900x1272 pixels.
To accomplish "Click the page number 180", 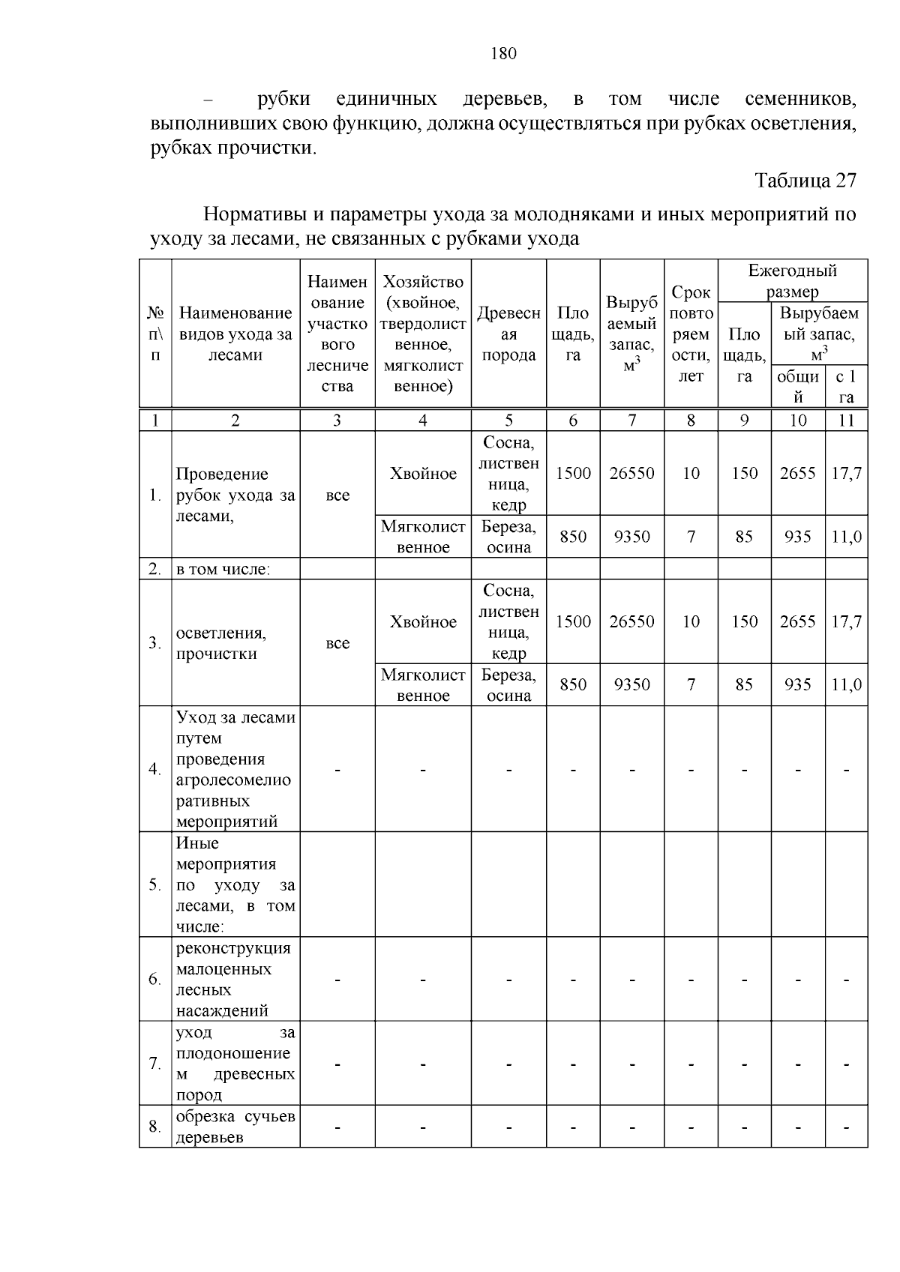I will click(x=503, y=53).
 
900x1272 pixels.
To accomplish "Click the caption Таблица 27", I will click(x=805, y=181).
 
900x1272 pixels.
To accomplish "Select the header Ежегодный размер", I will click(x=793, y=281).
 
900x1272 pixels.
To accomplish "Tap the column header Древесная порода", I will click(x=508, y=334).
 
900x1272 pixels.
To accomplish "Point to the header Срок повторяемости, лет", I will click(x=691, y=334).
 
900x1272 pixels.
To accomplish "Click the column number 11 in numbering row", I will click(x=846, y=421).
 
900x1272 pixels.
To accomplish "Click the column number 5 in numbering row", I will click(x=508, y=421).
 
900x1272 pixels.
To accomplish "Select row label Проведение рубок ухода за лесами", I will click(x=235, y=495).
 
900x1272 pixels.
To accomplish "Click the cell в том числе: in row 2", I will click(x=223, y=569).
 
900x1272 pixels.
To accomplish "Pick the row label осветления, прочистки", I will click(x=217, y=643).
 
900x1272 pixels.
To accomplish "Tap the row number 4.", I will click(x=154, y=769).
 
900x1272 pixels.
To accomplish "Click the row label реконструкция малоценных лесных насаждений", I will click(x=232, y=979).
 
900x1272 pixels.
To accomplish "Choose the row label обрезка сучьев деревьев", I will click(x=235, y=1127).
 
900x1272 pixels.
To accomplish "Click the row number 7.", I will click(x=154, y=1063).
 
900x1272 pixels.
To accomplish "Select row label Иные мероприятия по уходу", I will click(x=235, y=884).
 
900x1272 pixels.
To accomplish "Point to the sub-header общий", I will click(x=798, y=386).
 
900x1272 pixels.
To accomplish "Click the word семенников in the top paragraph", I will click(x=800, y=99).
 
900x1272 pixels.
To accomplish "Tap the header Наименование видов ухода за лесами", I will click(x=235, y=334).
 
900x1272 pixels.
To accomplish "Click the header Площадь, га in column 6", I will click(x=573, y=334).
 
